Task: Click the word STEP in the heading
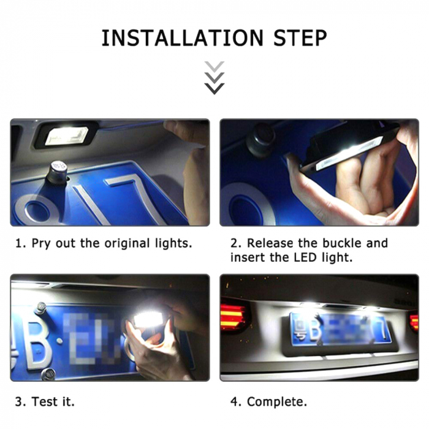(298, 38)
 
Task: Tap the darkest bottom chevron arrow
(214, 89)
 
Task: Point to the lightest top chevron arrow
(214, 66)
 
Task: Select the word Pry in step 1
(42, 243)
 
